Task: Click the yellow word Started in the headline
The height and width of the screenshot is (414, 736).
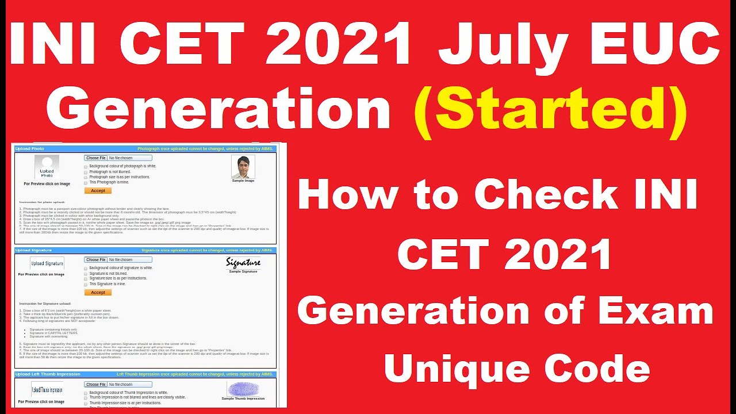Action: (550, 110)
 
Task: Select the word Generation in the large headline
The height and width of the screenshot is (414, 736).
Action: (218, 110)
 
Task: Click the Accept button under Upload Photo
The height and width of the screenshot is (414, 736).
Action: (98, 190)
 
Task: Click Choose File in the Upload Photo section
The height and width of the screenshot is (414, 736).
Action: (95, 158)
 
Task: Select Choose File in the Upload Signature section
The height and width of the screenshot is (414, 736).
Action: (95, 260)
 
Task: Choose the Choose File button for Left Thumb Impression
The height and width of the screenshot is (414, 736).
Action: (95, 384)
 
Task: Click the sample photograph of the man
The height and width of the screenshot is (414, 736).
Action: (243, 167)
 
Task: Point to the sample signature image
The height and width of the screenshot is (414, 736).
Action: (243, 263)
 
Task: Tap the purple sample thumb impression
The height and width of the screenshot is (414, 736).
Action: (243, 389)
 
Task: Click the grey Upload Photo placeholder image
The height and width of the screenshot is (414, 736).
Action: (47, 167)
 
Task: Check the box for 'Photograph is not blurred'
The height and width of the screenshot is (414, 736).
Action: (86, 171)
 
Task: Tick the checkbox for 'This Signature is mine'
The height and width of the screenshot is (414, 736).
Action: (86, 284)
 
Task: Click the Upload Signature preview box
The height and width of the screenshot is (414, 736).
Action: (47, 263)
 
